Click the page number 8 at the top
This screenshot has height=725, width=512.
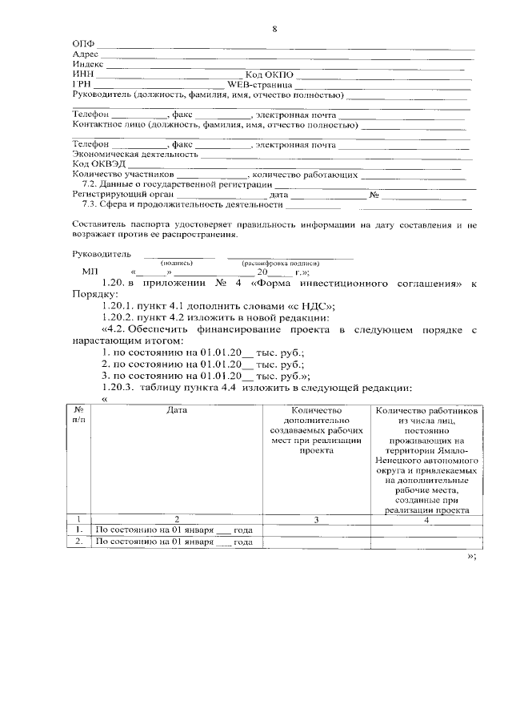click(x=274, y=30)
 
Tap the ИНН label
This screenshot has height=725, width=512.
click(x=82, y=74)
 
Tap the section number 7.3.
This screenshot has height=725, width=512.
click(x=91, y=203)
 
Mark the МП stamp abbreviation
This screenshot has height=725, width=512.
click(x=89, y=272)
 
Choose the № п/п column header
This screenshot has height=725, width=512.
click(x=79, y=415)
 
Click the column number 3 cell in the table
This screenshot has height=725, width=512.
click(x=316, y=520)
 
